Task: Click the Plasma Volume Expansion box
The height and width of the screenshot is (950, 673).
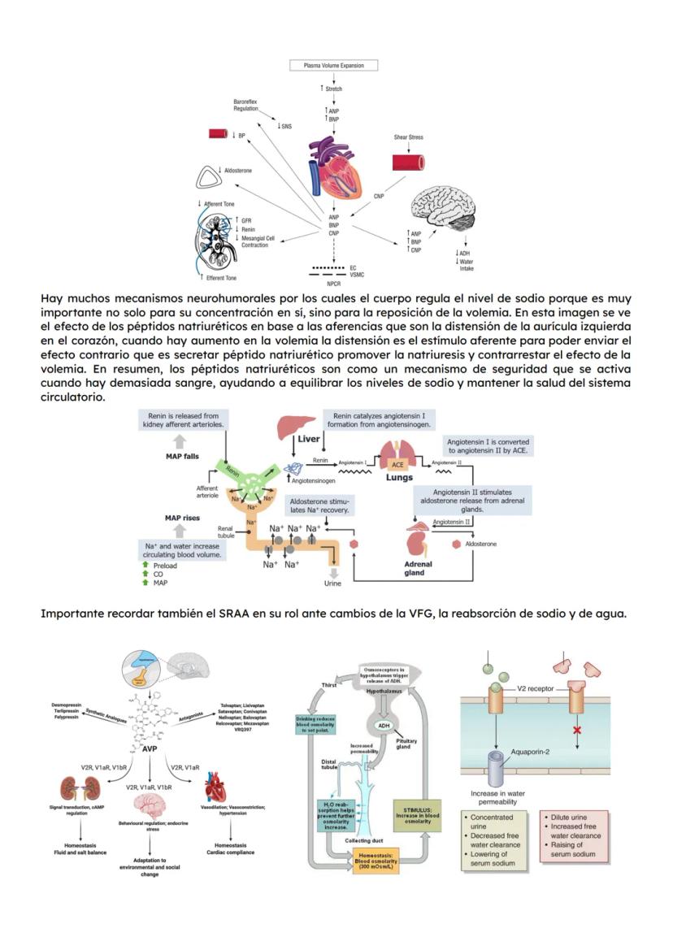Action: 334,65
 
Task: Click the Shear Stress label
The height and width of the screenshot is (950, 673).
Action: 408,137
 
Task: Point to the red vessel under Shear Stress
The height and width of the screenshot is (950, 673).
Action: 409,161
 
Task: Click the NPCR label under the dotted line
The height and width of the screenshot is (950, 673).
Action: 333,284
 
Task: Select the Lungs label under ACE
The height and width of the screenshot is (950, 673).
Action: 399,478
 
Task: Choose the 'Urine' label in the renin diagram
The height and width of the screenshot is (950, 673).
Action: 333,583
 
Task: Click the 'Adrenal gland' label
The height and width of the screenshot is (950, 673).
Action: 418,568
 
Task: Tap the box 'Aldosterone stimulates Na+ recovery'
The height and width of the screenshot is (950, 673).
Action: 319,505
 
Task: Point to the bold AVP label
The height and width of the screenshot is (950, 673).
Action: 150,748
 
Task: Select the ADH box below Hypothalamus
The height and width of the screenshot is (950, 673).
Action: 381,726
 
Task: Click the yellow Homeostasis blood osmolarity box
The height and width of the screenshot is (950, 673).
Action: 376,860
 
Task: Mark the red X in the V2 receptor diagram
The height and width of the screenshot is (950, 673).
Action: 577,731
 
